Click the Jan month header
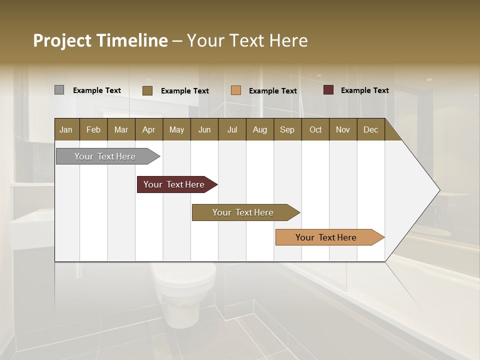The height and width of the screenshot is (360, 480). [66, 129]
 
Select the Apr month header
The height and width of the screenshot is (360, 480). [149, 129]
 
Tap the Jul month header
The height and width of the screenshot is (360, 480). [232, 129]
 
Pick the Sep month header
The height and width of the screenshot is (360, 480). [287, 129]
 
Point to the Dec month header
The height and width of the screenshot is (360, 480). [370, 129]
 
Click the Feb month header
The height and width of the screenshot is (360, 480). [93, 129]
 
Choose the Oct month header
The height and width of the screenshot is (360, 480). [315, 129]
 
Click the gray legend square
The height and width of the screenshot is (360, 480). [59, 90]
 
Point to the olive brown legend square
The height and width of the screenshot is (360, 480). [147, 90]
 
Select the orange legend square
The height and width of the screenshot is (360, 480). [236, 90]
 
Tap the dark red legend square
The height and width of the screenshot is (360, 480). [328, 90]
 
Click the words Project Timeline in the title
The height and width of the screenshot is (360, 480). [100, 40]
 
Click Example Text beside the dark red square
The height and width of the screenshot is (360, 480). [364, 90]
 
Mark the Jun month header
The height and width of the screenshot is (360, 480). [204, 129]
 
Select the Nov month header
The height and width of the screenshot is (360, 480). [343, 129]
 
